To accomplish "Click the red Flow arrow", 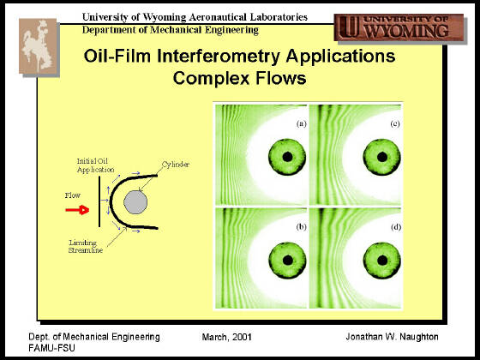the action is (x=77, y=210).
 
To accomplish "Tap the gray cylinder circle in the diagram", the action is (x=135, y=202).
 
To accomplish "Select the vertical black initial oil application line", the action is (x=99, y=201).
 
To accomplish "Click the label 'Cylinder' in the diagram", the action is (x=176, y=165).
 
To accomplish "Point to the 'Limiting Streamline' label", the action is (x=86, y=247).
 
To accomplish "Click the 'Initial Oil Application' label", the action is (x=95, y=165).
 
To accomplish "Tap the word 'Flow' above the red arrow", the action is (x=73, y=195).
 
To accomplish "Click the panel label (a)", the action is (x=301, y=123).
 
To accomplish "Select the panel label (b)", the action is (x=301, y=227).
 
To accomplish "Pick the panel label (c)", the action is (x=395, y=123).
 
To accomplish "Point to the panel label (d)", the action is (x=396, y=227).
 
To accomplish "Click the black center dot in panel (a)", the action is (x=287, y=157).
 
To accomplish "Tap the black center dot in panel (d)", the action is (x=382, y=261).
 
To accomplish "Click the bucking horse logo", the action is (x=38, y=46).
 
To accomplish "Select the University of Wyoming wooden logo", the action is (x=399, y=27).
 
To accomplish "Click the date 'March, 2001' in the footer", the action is (x=227, y=338).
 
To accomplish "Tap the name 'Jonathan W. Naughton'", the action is (x=393, y=337).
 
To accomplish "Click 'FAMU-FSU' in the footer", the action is (x=51, y=348).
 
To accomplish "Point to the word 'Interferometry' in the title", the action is (x=219, y=57).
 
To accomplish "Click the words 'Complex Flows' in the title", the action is (x=239, y=78).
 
